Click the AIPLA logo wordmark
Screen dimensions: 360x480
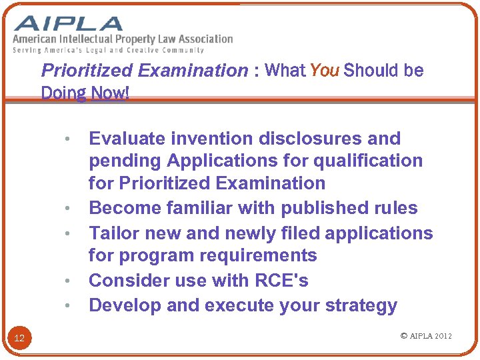[69, 24]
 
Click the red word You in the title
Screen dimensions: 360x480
[325, 71]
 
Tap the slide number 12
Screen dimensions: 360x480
[19, 339]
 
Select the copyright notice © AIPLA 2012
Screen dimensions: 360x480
[426, 335]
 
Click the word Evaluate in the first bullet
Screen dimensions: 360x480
[127, 139]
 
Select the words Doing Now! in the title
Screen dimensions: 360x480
[85, 93]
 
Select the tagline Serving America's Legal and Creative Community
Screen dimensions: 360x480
[109, 50]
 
